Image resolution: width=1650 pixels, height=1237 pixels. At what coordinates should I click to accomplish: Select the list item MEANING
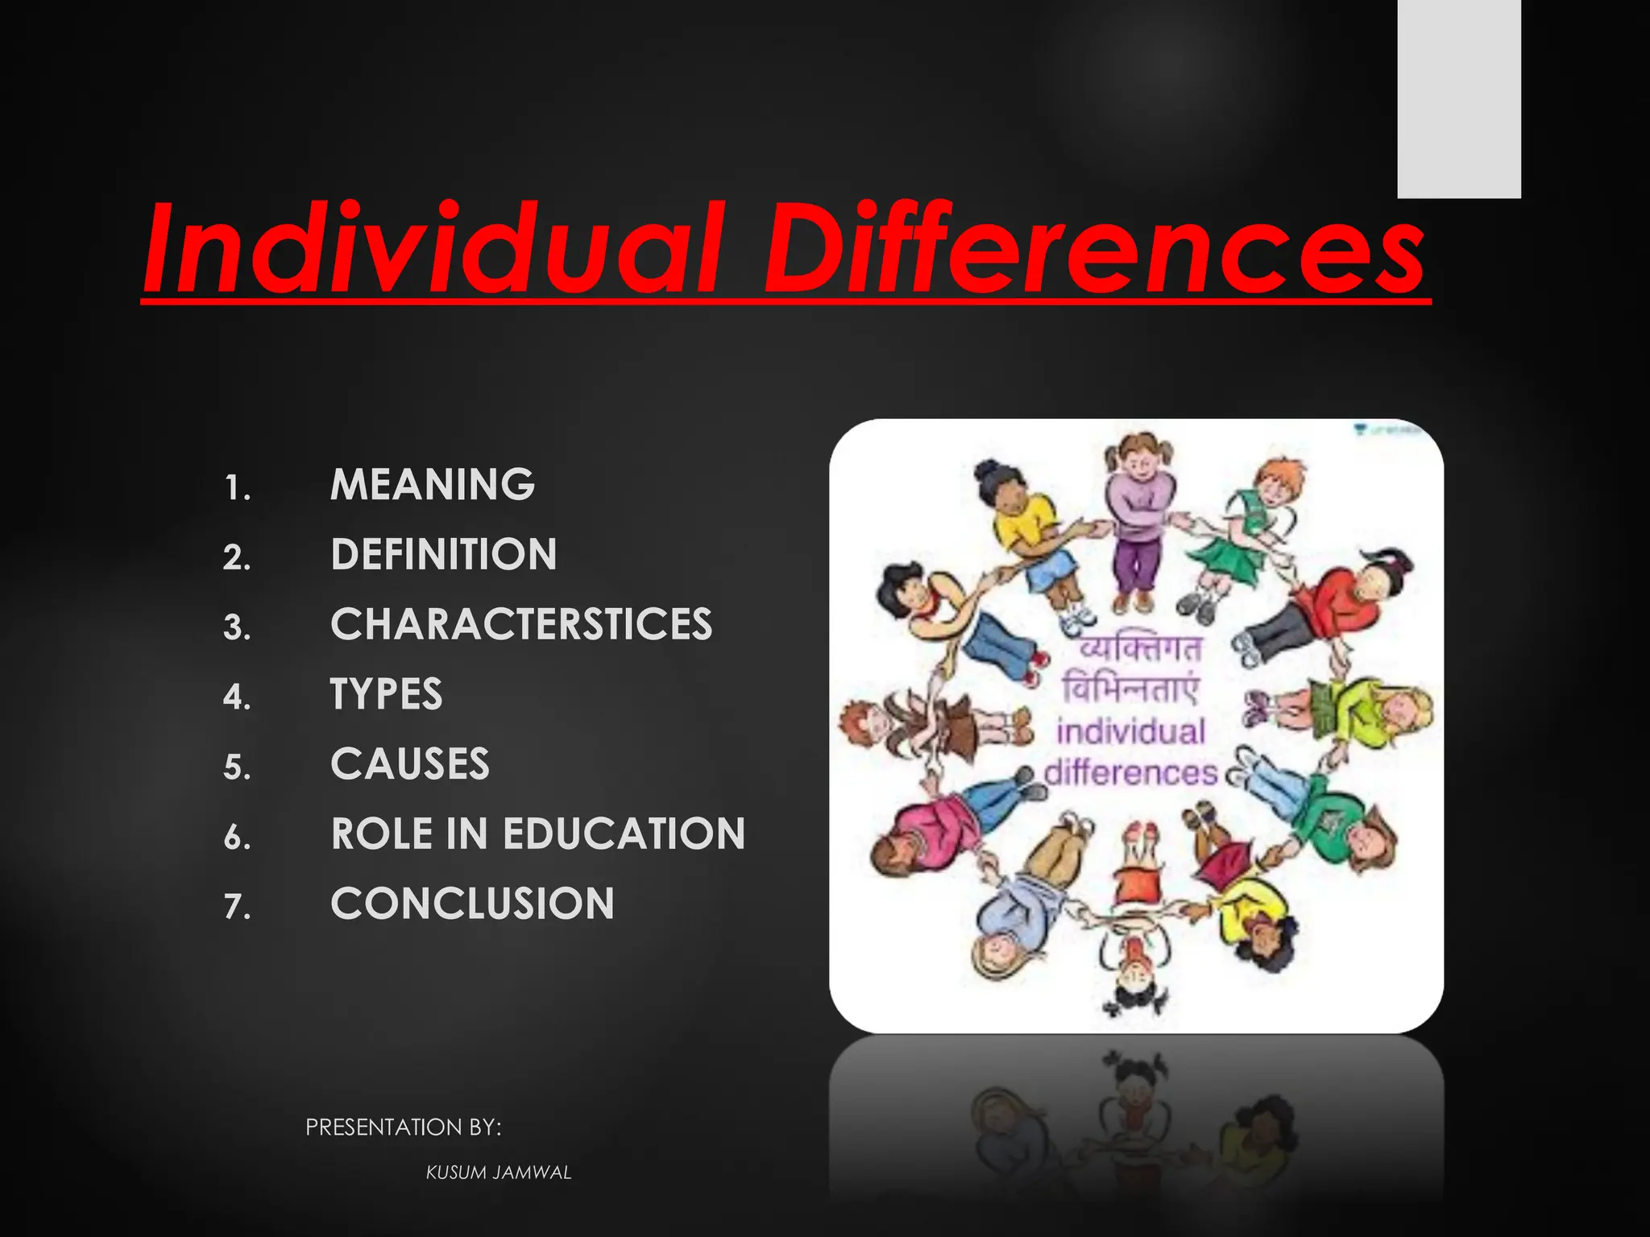[433, 485]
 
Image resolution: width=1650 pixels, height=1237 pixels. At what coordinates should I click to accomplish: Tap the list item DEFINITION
[444, 555]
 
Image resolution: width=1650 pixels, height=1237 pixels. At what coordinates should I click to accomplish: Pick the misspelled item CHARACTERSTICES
[521, 625]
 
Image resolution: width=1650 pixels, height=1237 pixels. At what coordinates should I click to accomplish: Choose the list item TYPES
[387, 694]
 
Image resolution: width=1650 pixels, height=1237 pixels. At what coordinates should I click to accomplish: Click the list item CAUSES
[410, 764]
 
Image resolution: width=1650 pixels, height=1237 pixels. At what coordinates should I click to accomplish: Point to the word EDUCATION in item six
[624, 834]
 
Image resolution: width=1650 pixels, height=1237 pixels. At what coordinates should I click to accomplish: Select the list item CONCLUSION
[473, 904]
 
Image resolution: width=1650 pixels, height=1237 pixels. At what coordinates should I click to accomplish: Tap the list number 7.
[237, 908]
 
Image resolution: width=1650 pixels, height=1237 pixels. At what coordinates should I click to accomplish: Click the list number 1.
[237, 489]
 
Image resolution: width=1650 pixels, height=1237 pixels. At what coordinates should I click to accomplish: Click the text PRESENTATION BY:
[403, 1127]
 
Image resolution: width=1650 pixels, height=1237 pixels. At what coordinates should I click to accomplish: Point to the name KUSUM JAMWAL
[499, 1173]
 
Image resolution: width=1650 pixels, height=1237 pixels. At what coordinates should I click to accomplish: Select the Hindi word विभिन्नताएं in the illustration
[1131, 689]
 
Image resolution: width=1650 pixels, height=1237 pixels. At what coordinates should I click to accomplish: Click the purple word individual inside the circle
[1131, 731]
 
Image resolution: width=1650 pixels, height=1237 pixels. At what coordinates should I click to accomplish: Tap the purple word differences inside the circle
[1131, 773]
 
